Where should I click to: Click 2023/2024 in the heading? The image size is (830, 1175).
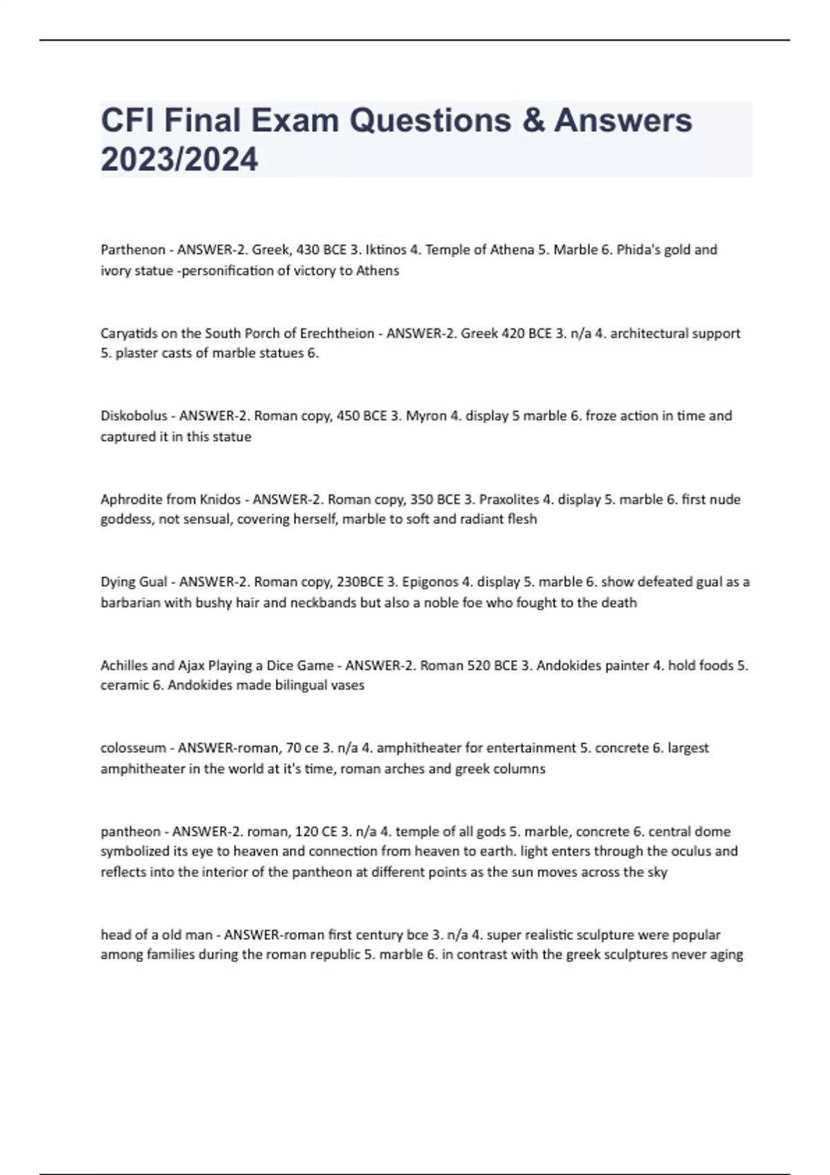[x=179, y=159]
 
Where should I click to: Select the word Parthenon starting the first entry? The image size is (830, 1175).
[x=133, y=250]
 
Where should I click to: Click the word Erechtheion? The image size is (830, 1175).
[x=335, y=333]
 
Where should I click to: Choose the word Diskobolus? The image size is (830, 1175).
[x=134, y=416]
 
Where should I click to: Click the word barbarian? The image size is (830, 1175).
[x=130, y=603]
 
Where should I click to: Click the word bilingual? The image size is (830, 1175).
[x=299, y=686]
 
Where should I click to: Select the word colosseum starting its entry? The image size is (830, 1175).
[x=133, y=748]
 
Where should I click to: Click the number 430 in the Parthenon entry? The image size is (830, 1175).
[x=308, y=250]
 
